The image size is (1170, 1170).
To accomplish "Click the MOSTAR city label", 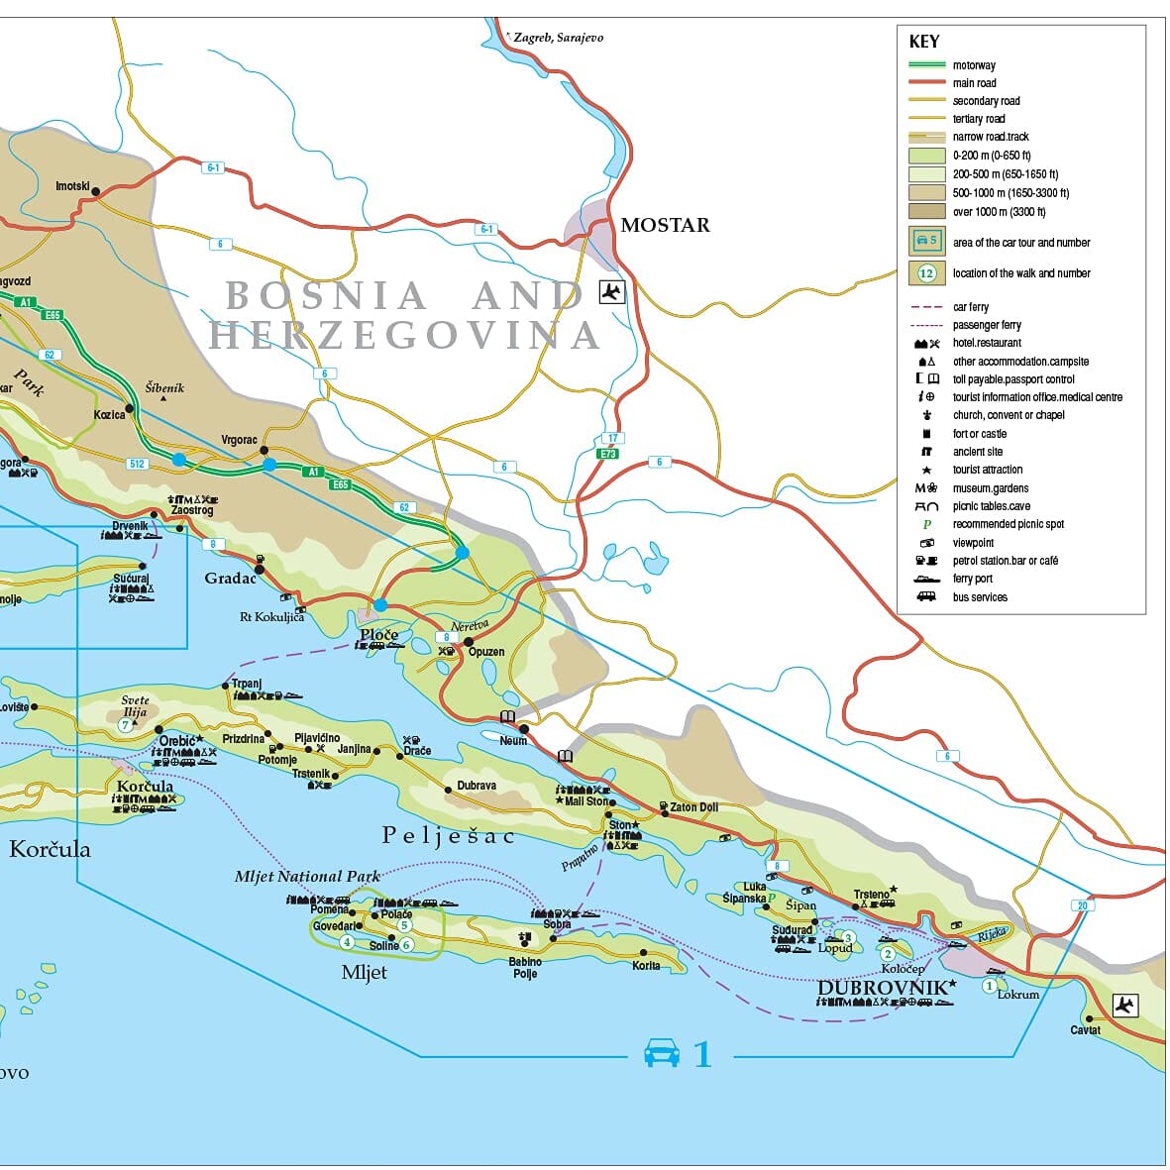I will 665,225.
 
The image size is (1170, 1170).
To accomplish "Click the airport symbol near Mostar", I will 612,291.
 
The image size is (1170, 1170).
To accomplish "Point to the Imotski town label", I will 72,186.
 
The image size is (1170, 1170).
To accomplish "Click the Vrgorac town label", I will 239,440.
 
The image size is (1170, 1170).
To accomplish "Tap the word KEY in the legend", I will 923,42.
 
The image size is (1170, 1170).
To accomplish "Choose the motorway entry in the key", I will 973,65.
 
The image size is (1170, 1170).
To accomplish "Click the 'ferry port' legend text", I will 972,579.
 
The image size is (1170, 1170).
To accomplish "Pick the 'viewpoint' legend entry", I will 973,543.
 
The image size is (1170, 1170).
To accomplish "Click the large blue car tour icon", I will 662,1053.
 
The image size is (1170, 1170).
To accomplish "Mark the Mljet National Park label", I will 307,877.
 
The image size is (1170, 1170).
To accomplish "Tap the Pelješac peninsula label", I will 448,836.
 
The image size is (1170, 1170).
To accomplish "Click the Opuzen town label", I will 486,652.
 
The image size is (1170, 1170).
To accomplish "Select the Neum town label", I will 513,741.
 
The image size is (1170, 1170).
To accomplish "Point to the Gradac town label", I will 230,578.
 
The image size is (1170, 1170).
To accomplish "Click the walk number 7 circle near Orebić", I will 125,725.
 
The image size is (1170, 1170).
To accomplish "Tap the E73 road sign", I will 607,454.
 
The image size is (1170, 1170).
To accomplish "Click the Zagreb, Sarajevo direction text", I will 558,38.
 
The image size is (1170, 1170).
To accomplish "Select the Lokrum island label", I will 1017,995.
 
